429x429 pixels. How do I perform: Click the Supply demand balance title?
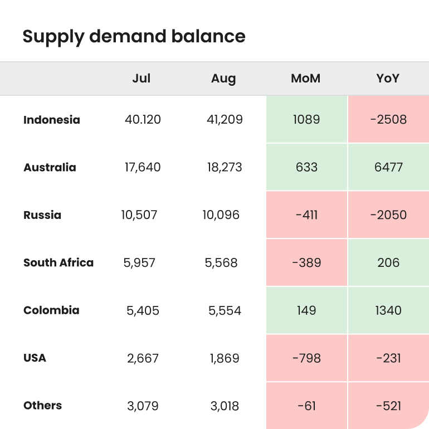coord(134,37)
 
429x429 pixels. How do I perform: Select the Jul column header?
coord(142,79)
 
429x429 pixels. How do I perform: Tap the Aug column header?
coord(223,79)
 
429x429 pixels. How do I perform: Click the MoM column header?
coord(306,79)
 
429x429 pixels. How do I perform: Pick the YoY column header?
coord(388,79)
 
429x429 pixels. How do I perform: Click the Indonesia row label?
coord(52,120)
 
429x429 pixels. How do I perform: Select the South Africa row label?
coord(58,262)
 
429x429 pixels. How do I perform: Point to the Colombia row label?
coord(51,310)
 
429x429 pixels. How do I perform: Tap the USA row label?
coord(35,358)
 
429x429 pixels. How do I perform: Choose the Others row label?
coord(42,406)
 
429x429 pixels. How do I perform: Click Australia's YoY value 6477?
coord(388,167)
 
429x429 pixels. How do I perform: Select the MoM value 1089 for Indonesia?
coord(306,119)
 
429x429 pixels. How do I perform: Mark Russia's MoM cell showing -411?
coord(306,215)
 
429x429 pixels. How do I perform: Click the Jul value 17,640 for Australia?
coord(142,167)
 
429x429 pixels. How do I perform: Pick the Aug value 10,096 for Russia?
coord(221,215)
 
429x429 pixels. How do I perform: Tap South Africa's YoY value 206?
coord(388,262)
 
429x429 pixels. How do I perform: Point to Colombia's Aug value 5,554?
coord(225,310)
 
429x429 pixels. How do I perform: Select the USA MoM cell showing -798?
coord(306,358)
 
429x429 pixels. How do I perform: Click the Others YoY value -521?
coord(388,406)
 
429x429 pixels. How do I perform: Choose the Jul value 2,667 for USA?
coord(143,358)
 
